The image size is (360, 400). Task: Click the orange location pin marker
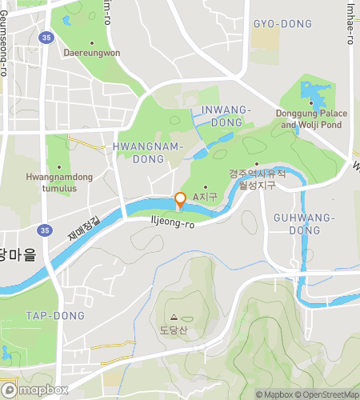click(x=181, y=200)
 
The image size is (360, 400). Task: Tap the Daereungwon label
click(x=91, y=53)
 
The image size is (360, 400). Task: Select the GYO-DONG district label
click(x=282, y=24)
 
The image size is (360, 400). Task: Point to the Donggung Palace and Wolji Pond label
click(x=311, y=119)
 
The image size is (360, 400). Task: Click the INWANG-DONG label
click(x=227, y=115)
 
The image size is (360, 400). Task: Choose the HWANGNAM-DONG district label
click(x=148, y=153)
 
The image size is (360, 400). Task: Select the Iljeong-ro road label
click(x=173, y=225)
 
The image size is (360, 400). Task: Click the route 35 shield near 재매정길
click(x=45, y=230)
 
